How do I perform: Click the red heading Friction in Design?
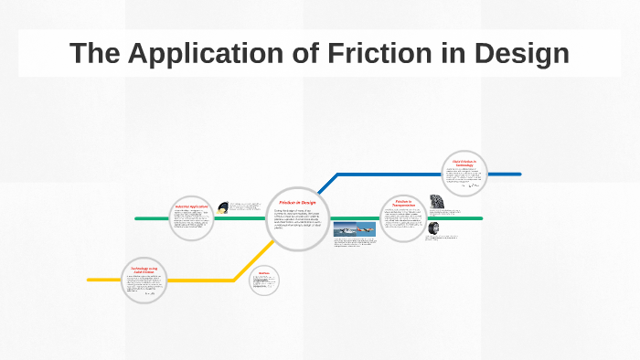click(x=297, y=201)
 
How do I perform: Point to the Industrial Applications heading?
click(x=192, y=206)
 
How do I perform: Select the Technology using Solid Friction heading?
click(x=147, y=269)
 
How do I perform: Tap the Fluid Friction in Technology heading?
click(x=464, y=164)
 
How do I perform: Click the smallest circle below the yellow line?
click(x=263, y=280)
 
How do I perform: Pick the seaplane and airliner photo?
click(x=354, y=230)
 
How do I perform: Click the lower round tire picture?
click(x=432, y=228)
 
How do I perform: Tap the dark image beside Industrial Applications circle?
click(x=223, y=206)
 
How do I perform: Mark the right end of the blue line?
click(x=519, y=174)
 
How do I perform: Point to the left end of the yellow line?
click(x=89, y=280)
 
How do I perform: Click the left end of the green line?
click(x=136, y=219)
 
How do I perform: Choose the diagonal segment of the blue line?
click(x=325, y=185)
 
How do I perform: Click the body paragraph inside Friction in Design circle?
click(x=297, y=219)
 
